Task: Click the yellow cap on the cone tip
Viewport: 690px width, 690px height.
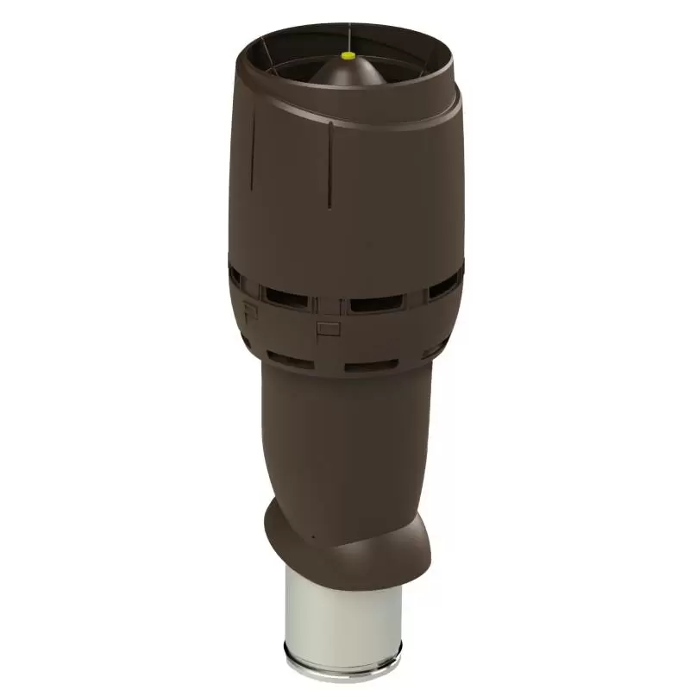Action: [x=348, y=55]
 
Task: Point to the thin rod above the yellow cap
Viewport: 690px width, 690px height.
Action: [x=348, y=34]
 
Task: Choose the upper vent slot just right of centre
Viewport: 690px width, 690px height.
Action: [x=376, y=303]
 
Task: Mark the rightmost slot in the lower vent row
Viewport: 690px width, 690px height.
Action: [x=434, y=349]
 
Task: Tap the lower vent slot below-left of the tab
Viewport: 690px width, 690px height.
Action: [x=291, y=360]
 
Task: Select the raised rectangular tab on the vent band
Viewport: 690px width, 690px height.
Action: [x=328, y=328]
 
